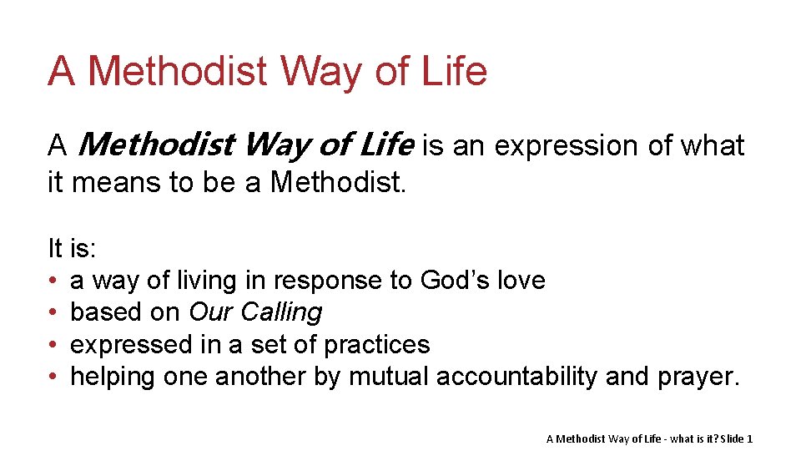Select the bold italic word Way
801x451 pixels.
(x=282, y=145)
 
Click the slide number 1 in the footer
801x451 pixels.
(x=750, y=438)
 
